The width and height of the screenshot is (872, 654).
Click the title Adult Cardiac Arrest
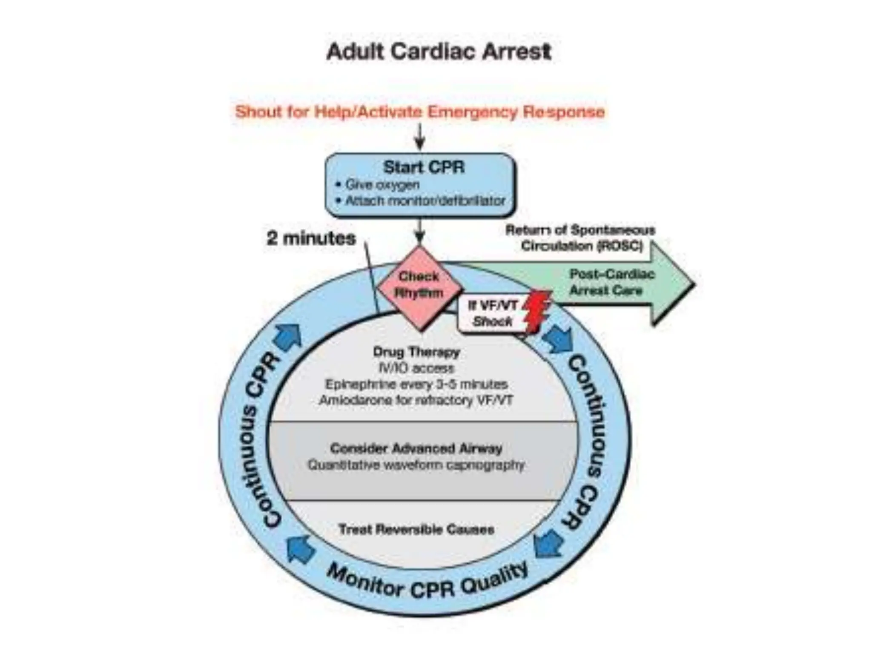[x=439, y=52]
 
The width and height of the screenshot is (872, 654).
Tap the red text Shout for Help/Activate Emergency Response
[x=420, y=112]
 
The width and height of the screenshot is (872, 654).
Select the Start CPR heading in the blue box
[x=424, y=167]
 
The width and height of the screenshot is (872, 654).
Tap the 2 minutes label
[x=311, y=238]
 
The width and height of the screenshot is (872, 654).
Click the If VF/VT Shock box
[x=492, y=313]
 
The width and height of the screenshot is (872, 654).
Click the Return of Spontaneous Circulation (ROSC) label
[x=580, y=238]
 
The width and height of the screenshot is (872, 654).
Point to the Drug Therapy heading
[x=416, y=352]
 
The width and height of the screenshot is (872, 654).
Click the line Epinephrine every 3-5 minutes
[x=416, y=384]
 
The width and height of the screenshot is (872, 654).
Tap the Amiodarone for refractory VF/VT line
[x=416, y=401]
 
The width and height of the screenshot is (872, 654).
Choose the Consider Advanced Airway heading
[x=416, y=448]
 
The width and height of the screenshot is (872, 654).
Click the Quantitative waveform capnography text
[x=416, y=465]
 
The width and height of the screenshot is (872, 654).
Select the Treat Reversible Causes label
[x=416, y=530]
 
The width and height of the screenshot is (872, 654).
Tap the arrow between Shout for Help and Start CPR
[x=420, y=136]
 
